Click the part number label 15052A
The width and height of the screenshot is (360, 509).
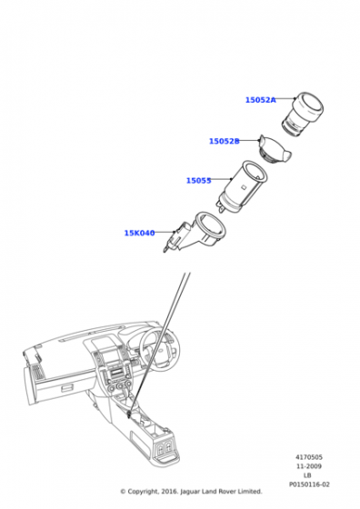coord(260,100)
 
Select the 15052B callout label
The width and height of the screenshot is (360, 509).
coord(225,141)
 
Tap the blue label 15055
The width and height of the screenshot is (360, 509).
coord(199,181)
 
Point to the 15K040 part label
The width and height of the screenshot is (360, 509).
coord(140,233)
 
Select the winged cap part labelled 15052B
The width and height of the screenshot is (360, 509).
coord(275,149)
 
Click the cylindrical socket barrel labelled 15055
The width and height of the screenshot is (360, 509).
coord(242,186)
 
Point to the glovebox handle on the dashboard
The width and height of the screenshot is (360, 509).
coord(67,387)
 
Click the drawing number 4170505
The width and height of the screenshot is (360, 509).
coord(309,457)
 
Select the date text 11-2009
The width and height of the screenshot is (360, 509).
coord(309,466)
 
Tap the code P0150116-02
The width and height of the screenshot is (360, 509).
coord(309,484)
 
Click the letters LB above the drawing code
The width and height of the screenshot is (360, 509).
coord(307,475)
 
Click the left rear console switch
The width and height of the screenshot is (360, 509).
coord(160,448)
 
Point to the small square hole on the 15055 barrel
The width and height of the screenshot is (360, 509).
coord(244,186)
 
